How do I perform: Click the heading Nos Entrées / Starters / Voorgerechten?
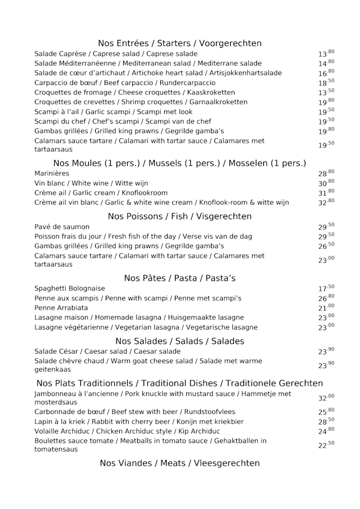[179, 43]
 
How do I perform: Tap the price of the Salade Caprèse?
[326, 54]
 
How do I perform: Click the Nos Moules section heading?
[179, 163]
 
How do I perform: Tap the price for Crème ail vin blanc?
[326, 202]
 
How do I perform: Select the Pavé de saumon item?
[62, 227]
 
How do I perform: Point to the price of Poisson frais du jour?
[326, 236]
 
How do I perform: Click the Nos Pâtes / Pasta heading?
[179, 278]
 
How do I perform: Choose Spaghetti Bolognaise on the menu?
[69, 289]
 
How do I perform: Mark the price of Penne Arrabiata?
[326, 308]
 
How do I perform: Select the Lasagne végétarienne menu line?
[146, 327]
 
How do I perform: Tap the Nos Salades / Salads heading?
[179, 341]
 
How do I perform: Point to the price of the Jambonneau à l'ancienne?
[326, 398]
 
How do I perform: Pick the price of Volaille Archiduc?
[326, 431]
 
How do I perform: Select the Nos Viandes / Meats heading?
[179, 463]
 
